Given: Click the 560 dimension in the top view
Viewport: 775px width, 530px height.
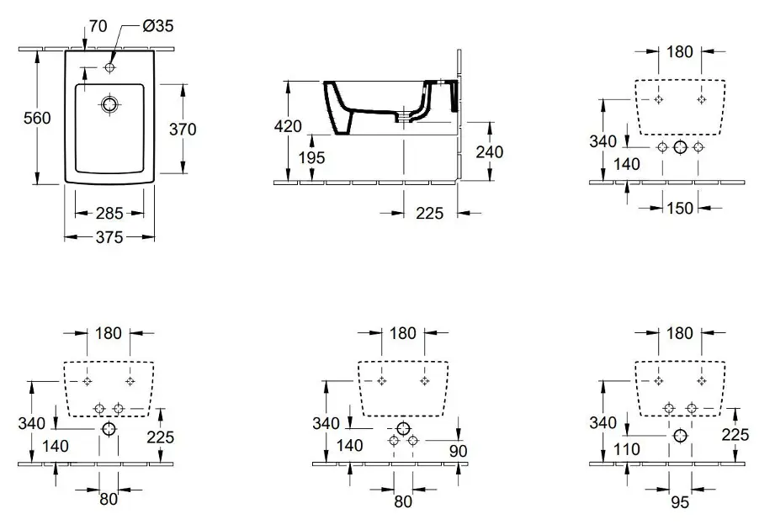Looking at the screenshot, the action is (x=37, y=118).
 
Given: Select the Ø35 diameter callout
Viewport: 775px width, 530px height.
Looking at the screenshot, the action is (x=158, y=26).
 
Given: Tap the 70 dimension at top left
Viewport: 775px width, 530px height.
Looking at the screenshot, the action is (x=98, y=26).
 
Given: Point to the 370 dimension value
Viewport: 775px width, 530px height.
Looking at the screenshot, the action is (x=183, y=130).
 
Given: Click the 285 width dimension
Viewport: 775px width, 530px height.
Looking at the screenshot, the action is (x=109, y=214).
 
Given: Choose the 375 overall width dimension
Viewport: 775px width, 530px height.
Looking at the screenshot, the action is (x=109, y=237).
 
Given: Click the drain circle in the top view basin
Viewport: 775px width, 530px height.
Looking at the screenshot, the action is (x=109, y=104).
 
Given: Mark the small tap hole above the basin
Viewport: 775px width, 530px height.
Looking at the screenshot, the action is (x=109, y=67).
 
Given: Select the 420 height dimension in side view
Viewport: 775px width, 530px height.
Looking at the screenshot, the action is (x=288, y=126).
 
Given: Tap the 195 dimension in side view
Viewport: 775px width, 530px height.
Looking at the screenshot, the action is (x=312, y=158).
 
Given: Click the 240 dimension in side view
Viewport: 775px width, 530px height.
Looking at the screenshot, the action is (x=489, y=152).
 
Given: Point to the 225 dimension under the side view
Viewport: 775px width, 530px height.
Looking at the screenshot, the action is (x=429, y=214).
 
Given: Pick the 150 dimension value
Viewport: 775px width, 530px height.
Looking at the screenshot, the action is (x=680, y=209).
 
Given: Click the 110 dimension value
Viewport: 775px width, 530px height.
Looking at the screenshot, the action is (x=626, y=449).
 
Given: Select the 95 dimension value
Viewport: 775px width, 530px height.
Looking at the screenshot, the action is (x=680, y=502).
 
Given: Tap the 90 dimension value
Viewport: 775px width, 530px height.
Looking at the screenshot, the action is (x=458, y=451).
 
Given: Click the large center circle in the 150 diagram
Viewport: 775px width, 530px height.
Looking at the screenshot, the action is (x=681, y=147).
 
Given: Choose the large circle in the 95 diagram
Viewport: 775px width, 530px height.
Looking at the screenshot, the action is (x=681, y=435).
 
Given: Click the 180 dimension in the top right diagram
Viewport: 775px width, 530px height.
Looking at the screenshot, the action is (x=680, y=52).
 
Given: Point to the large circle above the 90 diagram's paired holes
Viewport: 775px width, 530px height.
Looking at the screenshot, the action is (x=403, y=428).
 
